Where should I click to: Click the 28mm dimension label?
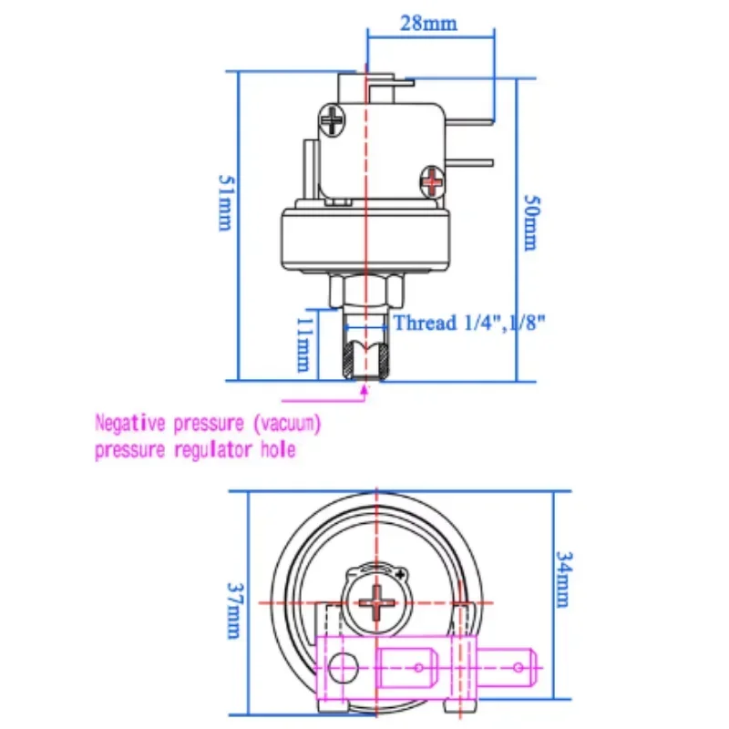(x=428, y=23)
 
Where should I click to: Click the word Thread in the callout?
(x=425, y=323)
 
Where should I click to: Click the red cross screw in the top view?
(x=374, y=601)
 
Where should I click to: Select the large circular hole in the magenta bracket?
(x=341, y=668)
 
